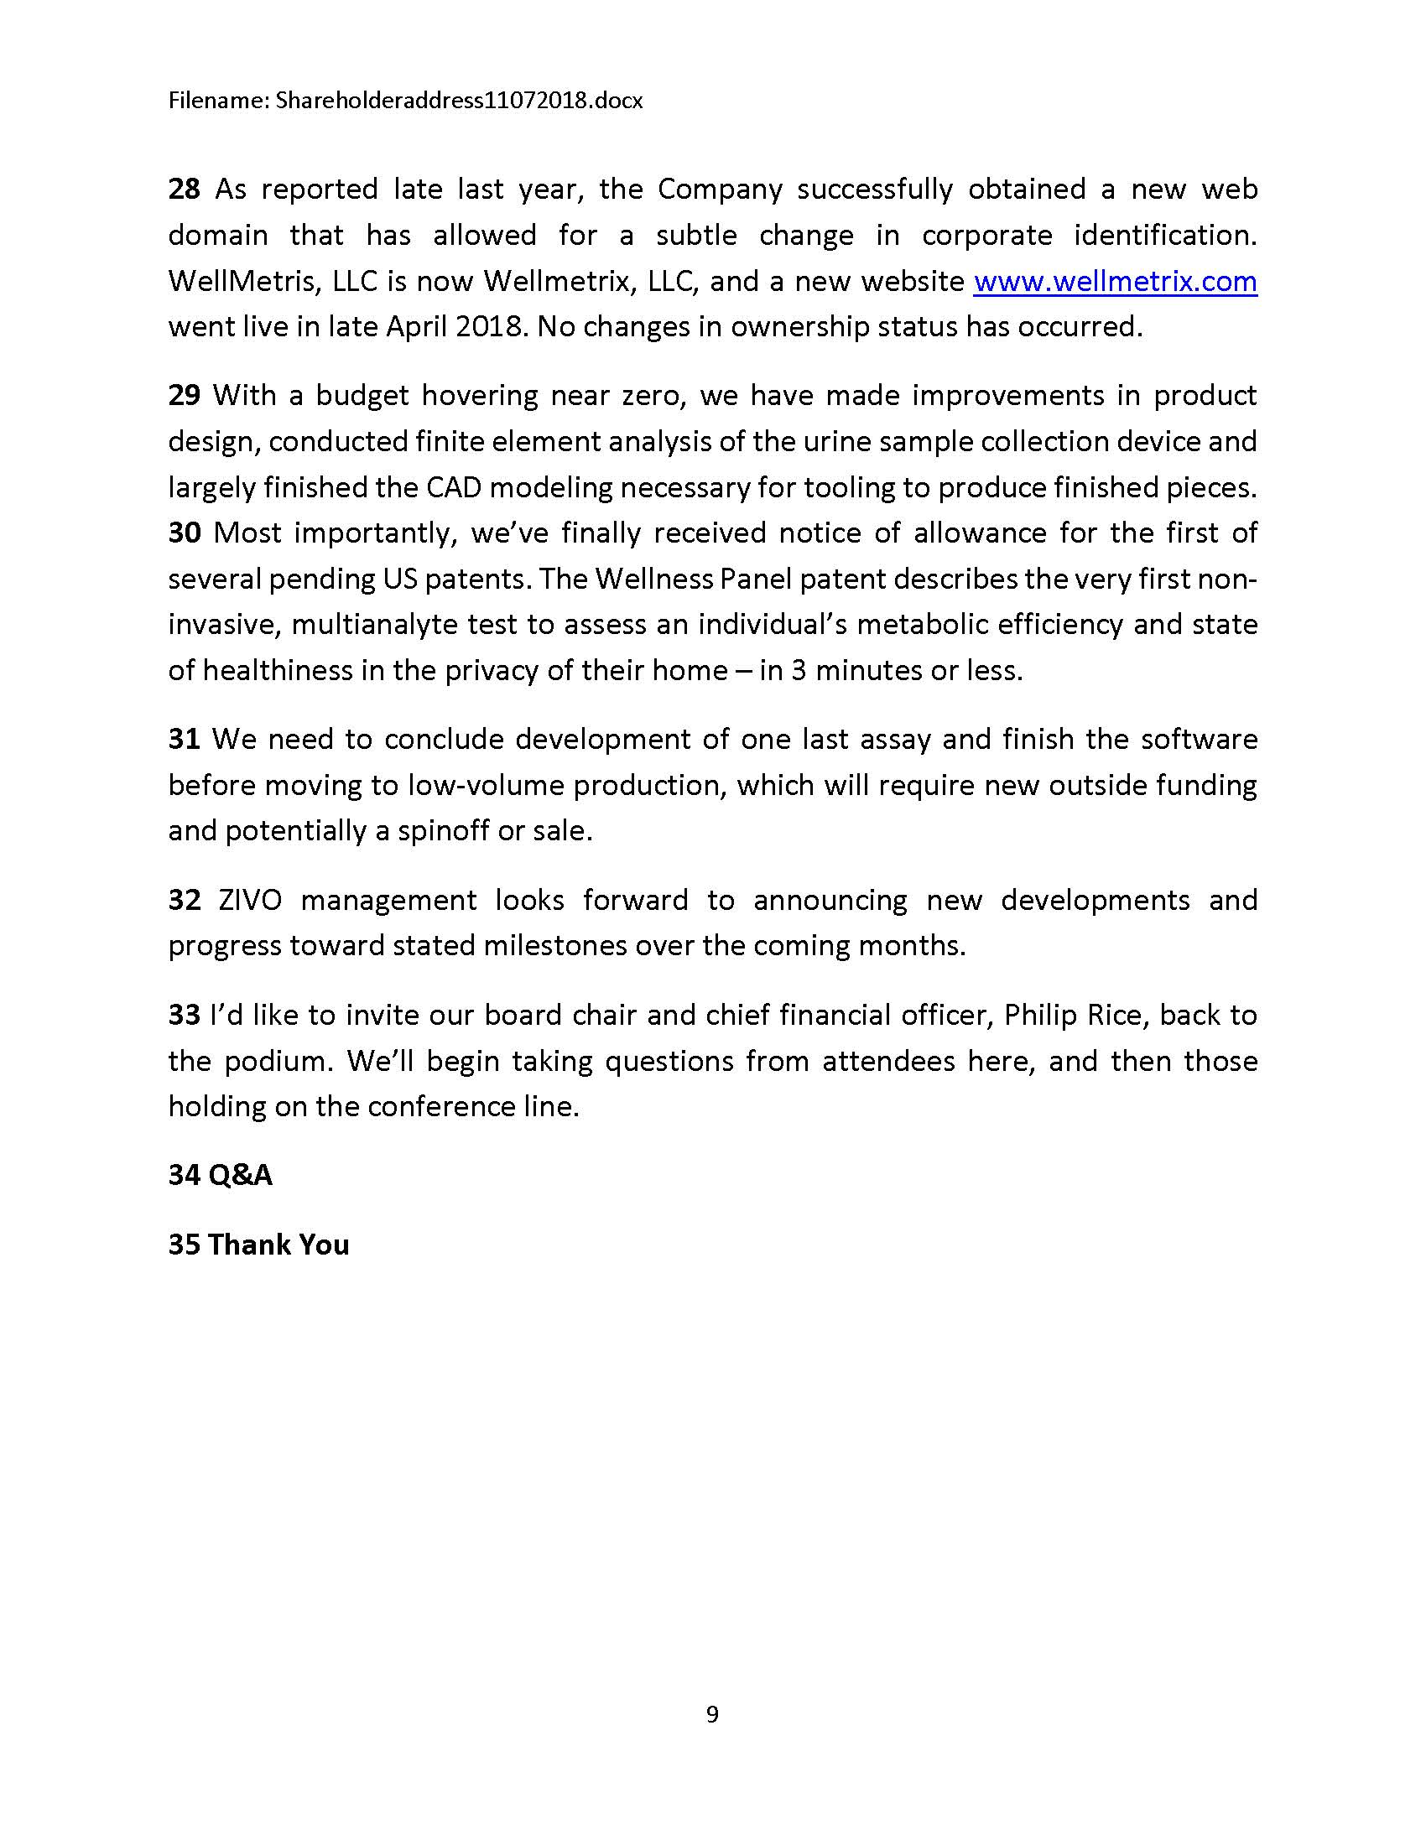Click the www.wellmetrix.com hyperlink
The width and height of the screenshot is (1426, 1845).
tap(1114, 281)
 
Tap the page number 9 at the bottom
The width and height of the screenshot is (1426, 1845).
tap(712, 1714)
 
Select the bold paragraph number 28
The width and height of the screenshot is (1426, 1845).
tap(185, 190)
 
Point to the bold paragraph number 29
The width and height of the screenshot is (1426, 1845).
tap(185, 395)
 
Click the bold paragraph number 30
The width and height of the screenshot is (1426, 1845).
tap(185, 533)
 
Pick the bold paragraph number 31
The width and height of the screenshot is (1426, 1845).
tap(185, 739)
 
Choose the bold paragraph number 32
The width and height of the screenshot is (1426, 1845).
tap(185, 900)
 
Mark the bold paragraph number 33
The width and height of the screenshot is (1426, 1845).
tap(185, 1015)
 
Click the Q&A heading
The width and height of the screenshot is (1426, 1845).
tap(240, 1175)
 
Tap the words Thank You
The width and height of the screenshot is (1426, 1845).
tap(278, 1245)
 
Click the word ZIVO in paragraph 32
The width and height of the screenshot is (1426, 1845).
tap(250, 900)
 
